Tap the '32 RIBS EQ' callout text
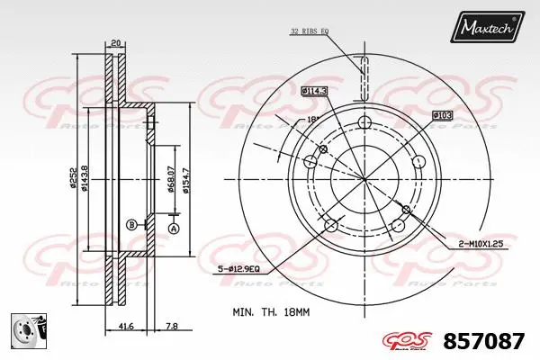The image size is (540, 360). (x=309, y=31)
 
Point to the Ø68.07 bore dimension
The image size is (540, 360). (x=171, y=176)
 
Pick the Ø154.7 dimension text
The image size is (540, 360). (x=186, y=176)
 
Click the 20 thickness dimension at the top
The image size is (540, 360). (x=115, y=42)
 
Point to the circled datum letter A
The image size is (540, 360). (x=175, y=229)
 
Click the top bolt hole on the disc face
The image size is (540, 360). (x=364, y=122)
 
